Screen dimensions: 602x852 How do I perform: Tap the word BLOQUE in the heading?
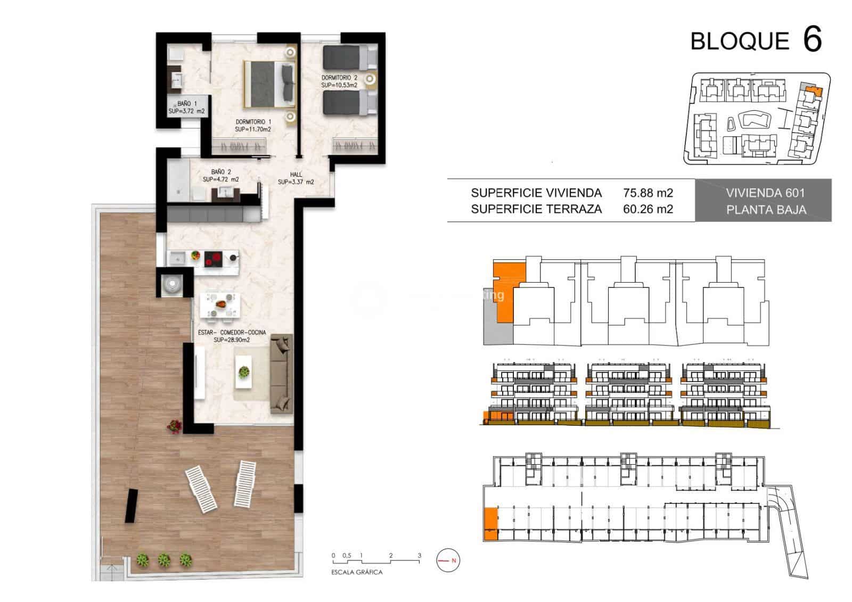(x=740, y=42)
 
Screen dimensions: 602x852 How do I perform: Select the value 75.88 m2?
(x=648, y=193)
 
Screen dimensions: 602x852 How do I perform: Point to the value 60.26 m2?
(x=648, y=209)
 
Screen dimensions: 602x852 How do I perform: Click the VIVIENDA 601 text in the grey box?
(x=765, y=193)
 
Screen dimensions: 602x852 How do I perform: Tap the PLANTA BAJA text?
(x=766, y=210)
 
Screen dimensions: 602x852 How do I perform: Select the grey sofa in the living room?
(x=281, y=374)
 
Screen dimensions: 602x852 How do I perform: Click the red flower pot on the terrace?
(x=174, y=426)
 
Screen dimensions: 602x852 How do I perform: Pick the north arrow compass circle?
(x=448, y=560)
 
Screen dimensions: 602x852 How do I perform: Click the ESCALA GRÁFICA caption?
(x=357, y=572)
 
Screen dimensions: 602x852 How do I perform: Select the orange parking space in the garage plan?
(x=490, y=523)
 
